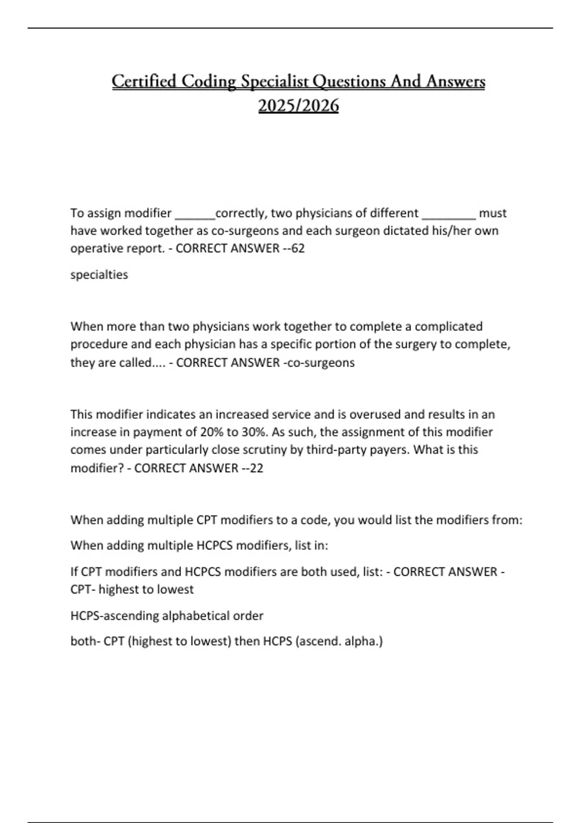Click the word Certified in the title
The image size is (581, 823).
click(x=144, y=81)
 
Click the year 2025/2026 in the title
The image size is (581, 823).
click(x=298, y=106)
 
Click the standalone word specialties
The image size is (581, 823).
click(x=99, y=274)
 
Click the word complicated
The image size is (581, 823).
click(x=448, y=326)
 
